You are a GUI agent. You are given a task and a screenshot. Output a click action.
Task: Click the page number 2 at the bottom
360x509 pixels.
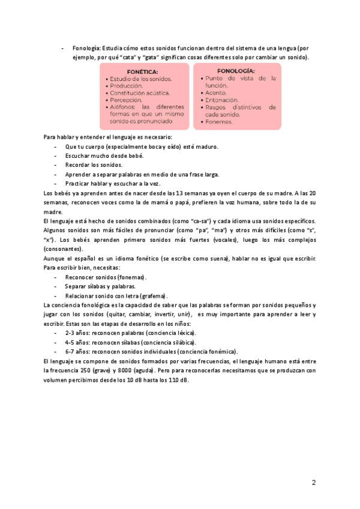pos(314,483)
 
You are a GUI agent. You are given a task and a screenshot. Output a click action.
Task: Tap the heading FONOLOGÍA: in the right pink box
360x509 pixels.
pos(236,70)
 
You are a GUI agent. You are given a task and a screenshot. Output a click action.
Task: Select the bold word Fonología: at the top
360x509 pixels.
pos(86,48)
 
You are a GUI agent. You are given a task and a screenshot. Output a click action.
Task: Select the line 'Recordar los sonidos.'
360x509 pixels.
pos(94,165)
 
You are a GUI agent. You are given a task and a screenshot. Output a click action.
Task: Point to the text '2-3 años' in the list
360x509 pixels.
pos(76,333)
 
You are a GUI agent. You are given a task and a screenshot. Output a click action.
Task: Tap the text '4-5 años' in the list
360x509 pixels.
pos(76,342)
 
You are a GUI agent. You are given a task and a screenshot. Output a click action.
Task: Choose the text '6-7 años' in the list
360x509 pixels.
pos(76,351)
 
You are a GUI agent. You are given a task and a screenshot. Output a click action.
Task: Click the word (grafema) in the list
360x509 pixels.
pos(154,296)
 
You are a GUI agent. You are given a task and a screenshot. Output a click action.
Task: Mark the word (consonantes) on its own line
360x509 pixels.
pos(64,248)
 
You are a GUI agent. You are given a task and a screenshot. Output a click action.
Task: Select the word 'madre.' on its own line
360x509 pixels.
pos(53,212)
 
